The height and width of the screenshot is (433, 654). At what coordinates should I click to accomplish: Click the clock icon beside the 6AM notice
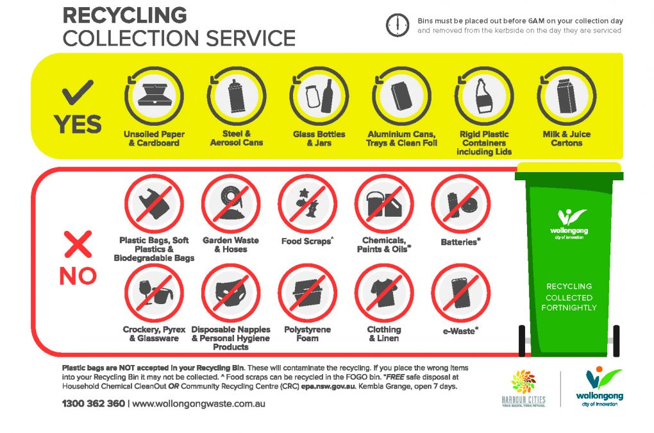point(397,25)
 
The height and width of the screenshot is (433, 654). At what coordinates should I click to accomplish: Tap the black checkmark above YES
point(78,92)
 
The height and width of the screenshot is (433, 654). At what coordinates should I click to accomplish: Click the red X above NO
point(78,244)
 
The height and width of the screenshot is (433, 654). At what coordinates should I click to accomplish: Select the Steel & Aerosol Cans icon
point(237,96)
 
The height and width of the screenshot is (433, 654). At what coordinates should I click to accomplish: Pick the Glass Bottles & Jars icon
point(319,96)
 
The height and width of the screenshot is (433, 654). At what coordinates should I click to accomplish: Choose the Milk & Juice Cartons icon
point(566,96)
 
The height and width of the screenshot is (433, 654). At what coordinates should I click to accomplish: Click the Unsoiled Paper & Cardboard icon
point(154,96)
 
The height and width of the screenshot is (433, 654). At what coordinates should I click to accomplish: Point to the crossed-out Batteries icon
point(461,204)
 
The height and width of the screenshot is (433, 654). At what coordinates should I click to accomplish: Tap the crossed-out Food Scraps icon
point(307,204)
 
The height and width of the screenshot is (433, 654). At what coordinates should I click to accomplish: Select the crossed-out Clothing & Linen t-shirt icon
point(384,293)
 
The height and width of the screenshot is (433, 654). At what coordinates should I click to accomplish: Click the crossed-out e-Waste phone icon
point(461,293)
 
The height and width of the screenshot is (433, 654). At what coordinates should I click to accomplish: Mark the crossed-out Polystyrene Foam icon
point(307,293)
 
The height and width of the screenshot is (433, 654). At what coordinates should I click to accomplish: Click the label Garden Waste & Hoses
point(231,245)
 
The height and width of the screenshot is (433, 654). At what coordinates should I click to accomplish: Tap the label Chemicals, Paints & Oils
point(383,245)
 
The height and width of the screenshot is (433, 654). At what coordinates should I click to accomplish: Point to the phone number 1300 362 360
point(94,403)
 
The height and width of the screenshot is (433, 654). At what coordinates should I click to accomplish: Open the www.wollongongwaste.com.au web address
point(199,403)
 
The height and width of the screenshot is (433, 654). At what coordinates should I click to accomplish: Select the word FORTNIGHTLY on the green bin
point(569,308)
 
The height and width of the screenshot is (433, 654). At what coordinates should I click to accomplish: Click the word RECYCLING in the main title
point(125,15)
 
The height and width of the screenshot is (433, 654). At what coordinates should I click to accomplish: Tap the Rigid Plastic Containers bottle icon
point(484,96)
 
